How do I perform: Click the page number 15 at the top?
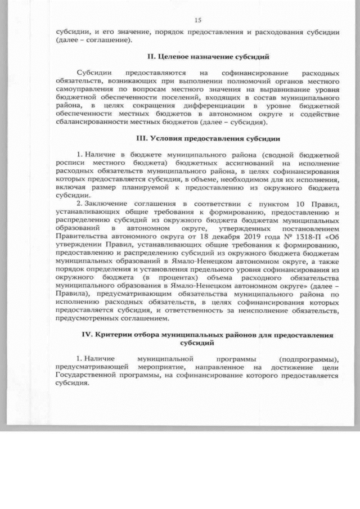click(197, 20)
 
